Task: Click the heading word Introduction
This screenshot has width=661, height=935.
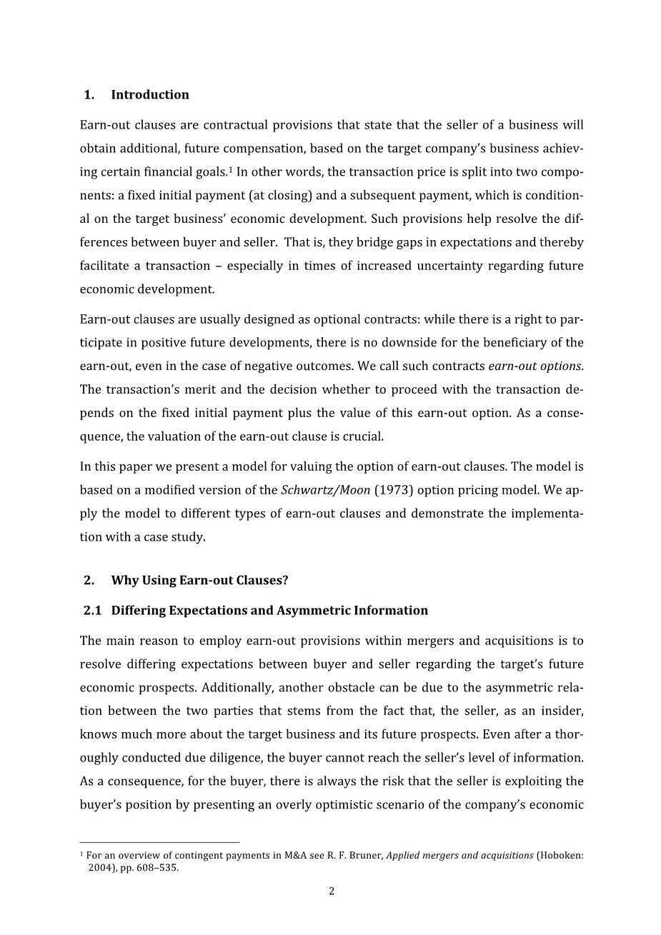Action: point(150,95)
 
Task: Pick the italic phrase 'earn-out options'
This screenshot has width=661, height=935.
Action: point(535,366)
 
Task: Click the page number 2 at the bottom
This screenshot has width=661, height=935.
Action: point(332,891)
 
